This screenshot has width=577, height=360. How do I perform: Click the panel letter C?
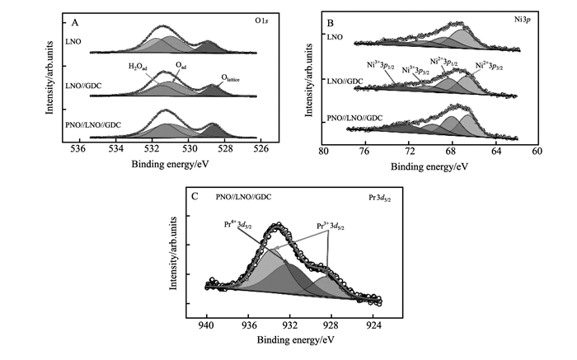(x=195, y=196)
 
